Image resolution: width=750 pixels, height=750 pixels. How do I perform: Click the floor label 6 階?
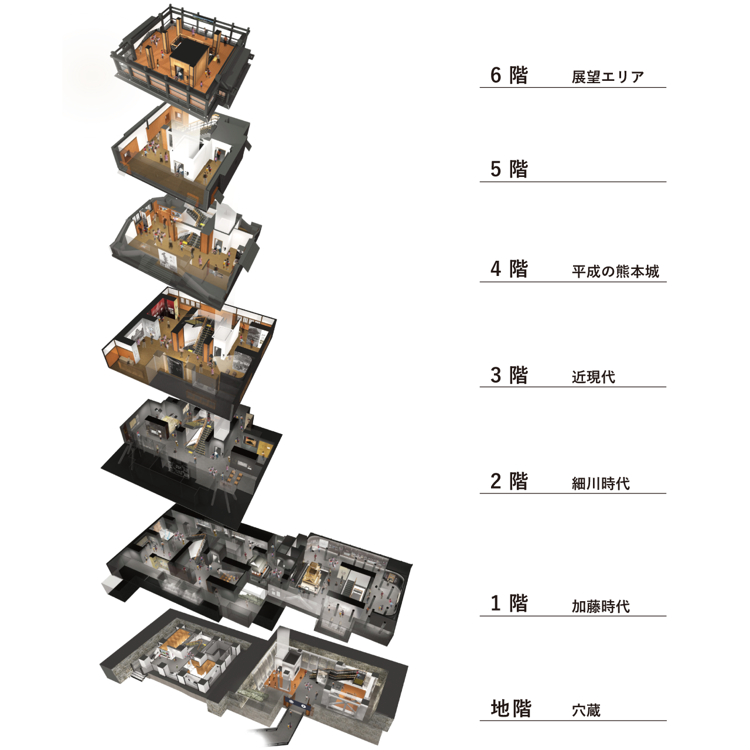click(x=509, y=76)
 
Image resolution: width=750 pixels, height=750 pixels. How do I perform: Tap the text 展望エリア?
click(x=608, y=77)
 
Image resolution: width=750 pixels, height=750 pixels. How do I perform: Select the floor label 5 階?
click(x=509, y=169)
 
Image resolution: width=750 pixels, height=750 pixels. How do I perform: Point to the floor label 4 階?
click(x=509, y=269)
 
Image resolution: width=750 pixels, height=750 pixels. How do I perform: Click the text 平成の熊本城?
click(x=615, y=271)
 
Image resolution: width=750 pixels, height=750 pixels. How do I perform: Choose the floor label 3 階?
click(x=509, y=375)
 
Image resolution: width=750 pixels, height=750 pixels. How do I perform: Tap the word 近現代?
click(x=593, y=377)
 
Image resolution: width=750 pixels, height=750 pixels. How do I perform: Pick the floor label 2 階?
click(x=509, y=481)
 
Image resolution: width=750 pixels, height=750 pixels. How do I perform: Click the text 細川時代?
click(x=601, y=483)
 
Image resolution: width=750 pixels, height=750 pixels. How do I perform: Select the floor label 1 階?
click(x=509, y=604)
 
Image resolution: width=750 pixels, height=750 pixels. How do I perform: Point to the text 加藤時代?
click(x=601, y=606)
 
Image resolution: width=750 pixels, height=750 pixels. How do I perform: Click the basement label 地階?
click(x=510, y=708)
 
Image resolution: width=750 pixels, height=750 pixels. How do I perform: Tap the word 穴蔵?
click(x=586, y=711)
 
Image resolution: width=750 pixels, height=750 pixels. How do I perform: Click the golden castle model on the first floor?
click(x=313, y=575)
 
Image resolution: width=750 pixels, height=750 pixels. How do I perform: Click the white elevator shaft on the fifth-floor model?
click(x=185, y=150)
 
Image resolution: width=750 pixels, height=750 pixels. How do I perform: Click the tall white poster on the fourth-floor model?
click(x=168, y=258)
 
